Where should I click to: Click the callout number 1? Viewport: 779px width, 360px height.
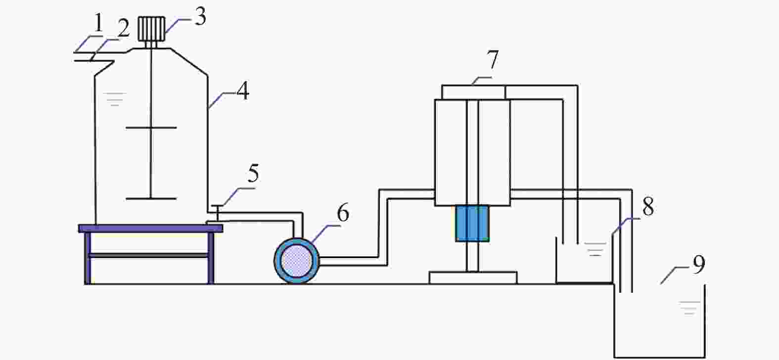pyautogui.click(x=98, y=23)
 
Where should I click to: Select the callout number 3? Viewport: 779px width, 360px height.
pyautogui.click(x=200, y=17)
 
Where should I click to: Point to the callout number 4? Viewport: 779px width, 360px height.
pyautogui.click(x=243, y=91)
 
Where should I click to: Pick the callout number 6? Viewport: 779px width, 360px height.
pyautogui.click(x=343, y=212)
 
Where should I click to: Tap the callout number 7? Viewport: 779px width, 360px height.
pyautogui.click(x=493, y=60)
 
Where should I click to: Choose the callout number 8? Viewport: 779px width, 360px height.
pyautogui.click(x=648, y=207)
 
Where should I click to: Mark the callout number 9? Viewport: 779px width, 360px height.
pyautogui.click(x=698, y=265)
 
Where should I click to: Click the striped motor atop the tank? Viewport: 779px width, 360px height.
pyautogui.click(x=151, y=29)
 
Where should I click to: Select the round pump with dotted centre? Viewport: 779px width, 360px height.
pyautogui.click(x=296, y=261)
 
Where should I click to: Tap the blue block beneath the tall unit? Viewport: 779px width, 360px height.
pyautogui.click(x=472, y=224)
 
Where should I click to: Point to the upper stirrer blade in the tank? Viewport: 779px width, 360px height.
pyautogui.click(x=151, y=128)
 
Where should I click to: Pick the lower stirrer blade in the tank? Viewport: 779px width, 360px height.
pyautogui.click(x=151, y=199)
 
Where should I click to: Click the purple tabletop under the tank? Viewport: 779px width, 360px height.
pyautogui.click(x=150, y=228)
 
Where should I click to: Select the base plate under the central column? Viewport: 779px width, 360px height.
pyautogui.click(x=473, y=277)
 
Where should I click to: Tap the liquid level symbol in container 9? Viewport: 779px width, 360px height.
pyautogui.click(x=689, y=308)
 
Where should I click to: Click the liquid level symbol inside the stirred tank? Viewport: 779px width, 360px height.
pyautogui.click(x=114, y=99)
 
